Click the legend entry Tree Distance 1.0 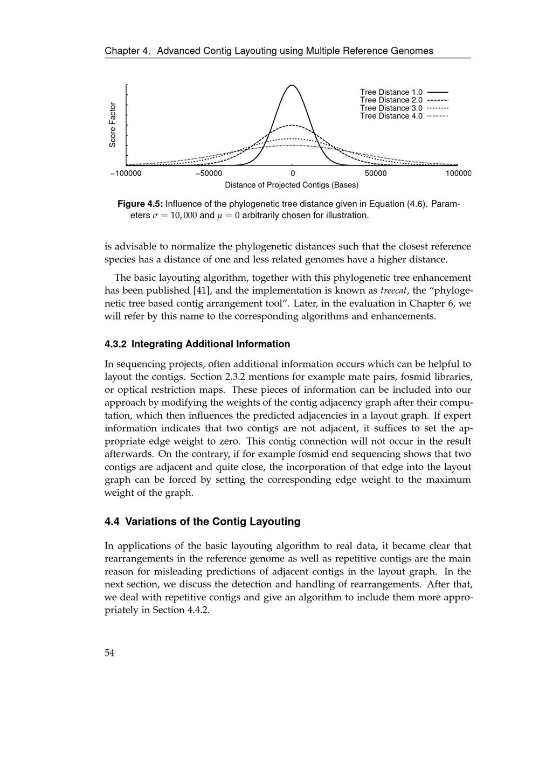click(x=391, y=92)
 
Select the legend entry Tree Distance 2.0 click(x=391, y=100)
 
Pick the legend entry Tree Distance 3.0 click(x=391, y=108)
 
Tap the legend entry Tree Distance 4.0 click(x=391, y=116)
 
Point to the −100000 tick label click(x=126, y=174)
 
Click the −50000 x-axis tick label click(x=209, y=174)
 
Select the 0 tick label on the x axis click(x=293, y=174)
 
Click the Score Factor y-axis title click(x=113, y=124)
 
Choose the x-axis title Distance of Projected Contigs click(x=292, y=185)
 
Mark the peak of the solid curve click(x=292, y=85)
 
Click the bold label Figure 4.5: click(x=140, y=204)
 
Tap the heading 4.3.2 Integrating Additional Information click(x=197, y=344)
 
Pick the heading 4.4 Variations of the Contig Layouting click(x=202, y=522)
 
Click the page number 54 click(x=109, y=653)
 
